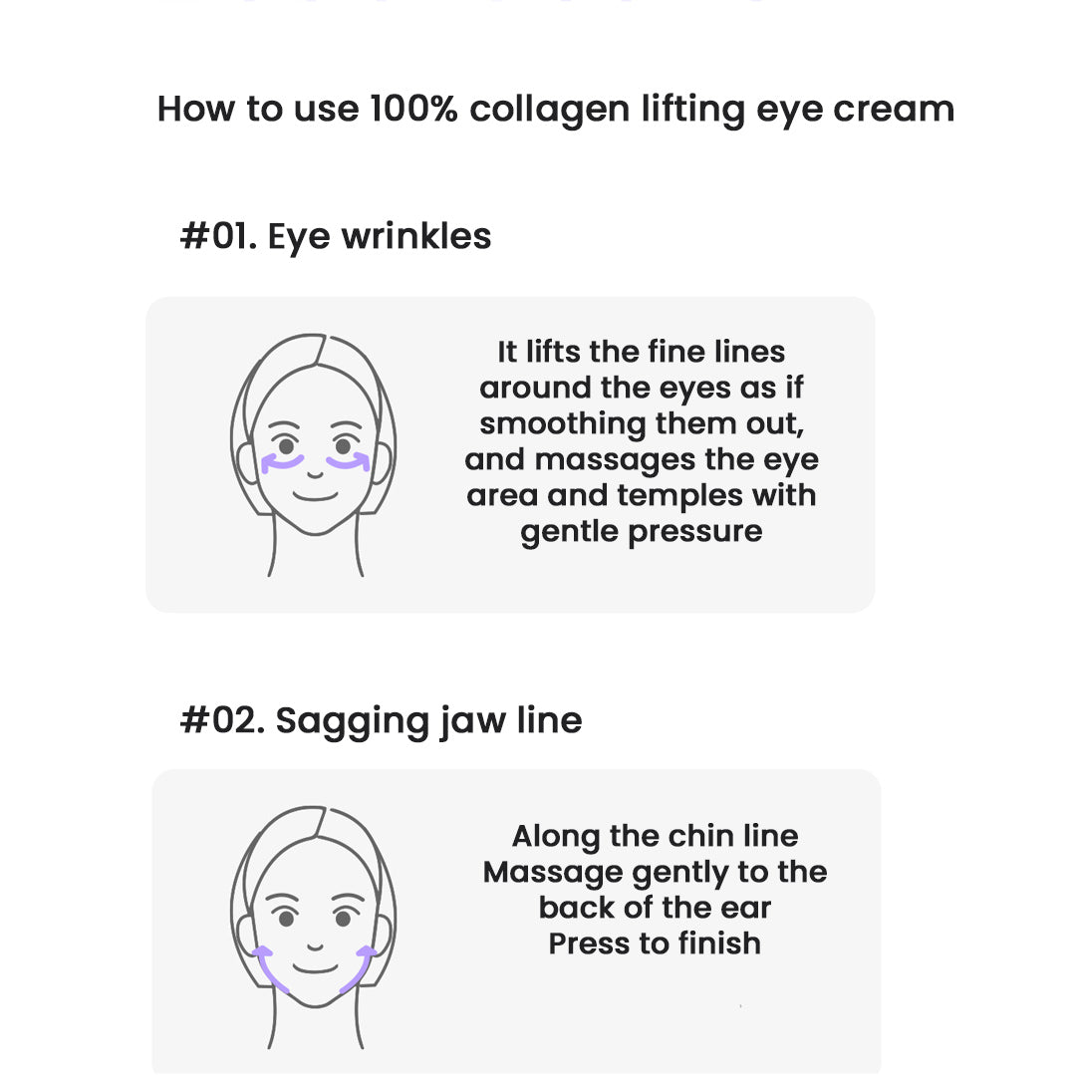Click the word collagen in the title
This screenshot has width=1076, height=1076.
[549, 110]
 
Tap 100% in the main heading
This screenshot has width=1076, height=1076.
[413, 109]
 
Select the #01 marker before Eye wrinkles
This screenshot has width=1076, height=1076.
[218, 236]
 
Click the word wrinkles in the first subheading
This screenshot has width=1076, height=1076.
[416, 236]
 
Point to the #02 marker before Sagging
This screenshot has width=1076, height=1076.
[222, 720]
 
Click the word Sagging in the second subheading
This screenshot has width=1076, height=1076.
[352, 723]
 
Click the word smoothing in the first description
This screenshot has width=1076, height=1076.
[562, 424]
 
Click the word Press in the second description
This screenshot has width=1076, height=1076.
[590, 943]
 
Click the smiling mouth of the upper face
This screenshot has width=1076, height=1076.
[315, 496]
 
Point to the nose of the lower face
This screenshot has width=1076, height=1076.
[315, 947]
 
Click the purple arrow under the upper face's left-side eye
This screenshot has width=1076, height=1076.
[282, 462]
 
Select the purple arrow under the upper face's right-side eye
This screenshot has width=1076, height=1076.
[349, 462]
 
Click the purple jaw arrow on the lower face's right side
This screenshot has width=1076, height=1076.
[361, 969]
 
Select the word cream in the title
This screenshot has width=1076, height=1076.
[894, 110]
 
